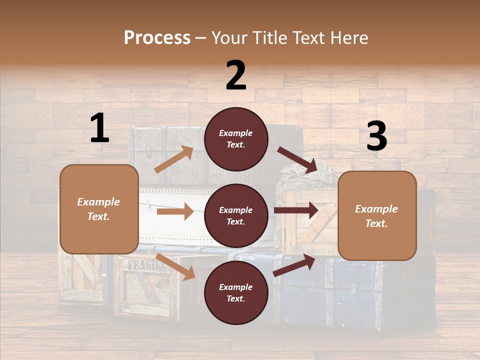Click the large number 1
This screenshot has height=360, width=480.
[99, 128]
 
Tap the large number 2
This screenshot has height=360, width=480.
[236, 75]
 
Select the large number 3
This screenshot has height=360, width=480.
[376, 136]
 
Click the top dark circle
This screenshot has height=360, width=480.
[236, 139]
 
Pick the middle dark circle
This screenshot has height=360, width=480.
[236, 216]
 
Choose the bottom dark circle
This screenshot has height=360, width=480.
[236, 293]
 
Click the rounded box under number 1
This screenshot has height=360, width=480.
[99, 209]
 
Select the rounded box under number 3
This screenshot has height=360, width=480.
[377, 216]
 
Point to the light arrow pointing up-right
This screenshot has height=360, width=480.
[174, 159]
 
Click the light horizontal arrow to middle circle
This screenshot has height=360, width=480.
[175, 211]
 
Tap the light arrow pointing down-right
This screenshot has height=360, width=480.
[175, 266]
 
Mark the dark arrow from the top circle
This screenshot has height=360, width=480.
[298, 160]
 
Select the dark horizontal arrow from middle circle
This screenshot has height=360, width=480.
[296, 210]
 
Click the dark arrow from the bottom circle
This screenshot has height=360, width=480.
[294, 265]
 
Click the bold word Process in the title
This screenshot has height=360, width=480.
[157, 37]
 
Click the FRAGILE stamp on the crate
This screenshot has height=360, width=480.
[146, 265]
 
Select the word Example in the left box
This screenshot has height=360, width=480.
[98, 202]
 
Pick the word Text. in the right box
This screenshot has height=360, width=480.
[376, 223]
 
